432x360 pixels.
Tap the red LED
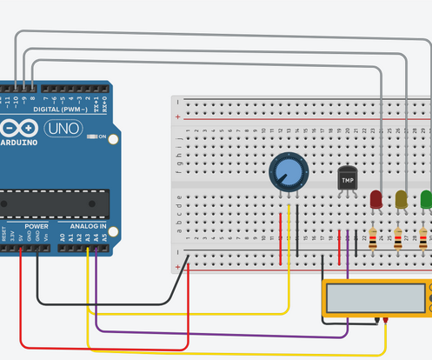pyautogui.click(x=376, y=199)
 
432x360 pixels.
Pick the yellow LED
pyautogui.click(x=401, y=199)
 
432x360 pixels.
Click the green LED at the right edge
pyautogui.click(x=426, y=199)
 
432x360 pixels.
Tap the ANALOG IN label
pyautogui.click(x=87, y=226)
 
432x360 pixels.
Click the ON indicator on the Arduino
pyautogui.click(x=103, y=137)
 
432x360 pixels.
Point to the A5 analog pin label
pyautogui.click(x=105, y=236)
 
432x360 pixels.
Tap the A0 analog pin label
pyautogui.click(x=62, y=236)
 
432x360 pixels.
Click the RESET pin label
pyautogui.click(x=4, y=236)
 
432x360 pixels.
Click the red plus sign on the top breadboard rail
pyautogui.click(x=178, y=117)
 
